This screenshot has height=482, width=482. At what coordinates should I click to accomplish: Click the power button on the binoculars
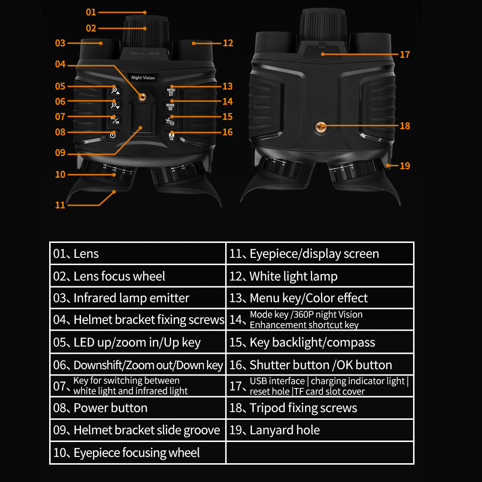[113, 135]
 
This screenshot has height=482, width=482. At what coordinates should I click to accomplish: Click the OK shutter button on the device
[172, 136]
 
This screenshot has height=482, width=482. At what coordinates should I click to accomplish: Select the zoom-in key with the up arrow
[116, 91]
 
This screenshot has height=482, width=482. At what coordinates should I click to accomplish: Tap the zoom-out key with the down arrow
[115, 106]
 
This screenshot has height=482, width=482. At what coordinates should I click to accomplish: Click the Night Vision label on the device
[143, 78]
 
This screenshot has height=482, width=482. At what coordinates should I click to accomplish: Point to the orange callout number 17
[405, 55]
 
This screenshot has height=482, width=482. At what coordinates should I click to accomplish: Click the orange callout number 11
[60, 205]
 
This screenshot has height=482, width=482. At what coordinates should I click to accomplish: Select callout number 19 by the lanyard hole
[405, 166]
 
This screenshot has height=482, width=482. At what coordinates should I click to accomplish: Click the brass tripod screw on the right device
[321, 126]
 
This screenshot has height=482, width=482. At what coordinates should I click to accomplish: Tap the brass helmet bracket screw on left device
[142, 97]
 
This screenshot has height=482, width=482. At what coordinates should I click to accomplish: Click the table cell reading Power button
[138, 408]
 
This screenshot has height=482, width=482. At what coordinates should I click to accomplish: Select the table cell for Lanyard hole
[320, 430]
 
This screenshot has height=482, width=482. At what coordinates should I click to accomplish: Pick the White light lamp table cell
[320, 276]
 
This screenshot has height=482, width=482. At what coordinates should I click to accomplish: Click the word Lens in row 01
[86, 254]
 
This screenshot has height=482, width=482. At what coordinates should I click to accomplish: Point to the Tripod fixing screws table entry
[320, 408]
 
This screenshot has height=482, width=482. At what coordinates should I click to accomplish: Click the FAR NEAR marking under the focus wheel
[145, 54]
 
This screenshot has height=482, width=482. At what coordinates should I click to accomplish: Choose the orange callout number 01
[91, 13]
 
